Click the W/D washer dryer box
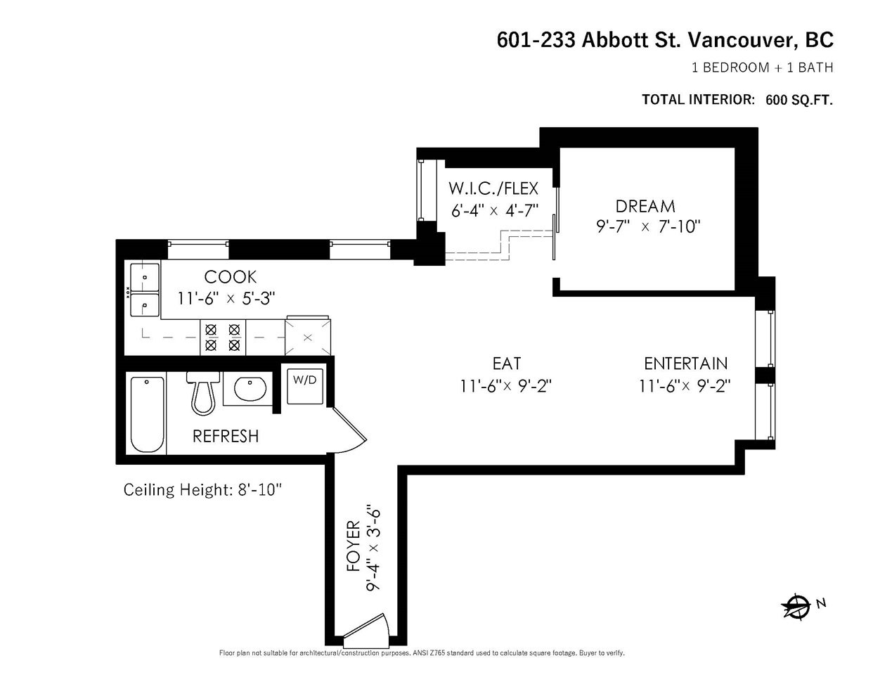point(305,386)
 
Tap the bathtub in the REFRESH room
point(147,414)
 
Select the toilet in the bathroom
point(203,393)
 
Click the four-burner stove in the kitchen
point(223,337)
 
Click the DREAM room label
point(645,207)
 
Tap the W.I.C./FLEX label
point(493,188)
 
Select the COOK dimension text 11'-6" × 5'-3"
point(226,299)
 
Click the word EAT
point(507,364)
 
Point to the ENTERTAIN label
point(686,364)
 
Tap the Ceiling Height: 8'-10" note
point(202,490)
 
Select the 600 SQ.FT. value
point(799,100)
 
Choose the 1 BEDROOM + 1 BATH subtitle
point(762,67)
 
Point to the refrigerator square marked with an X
point(308,337)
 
